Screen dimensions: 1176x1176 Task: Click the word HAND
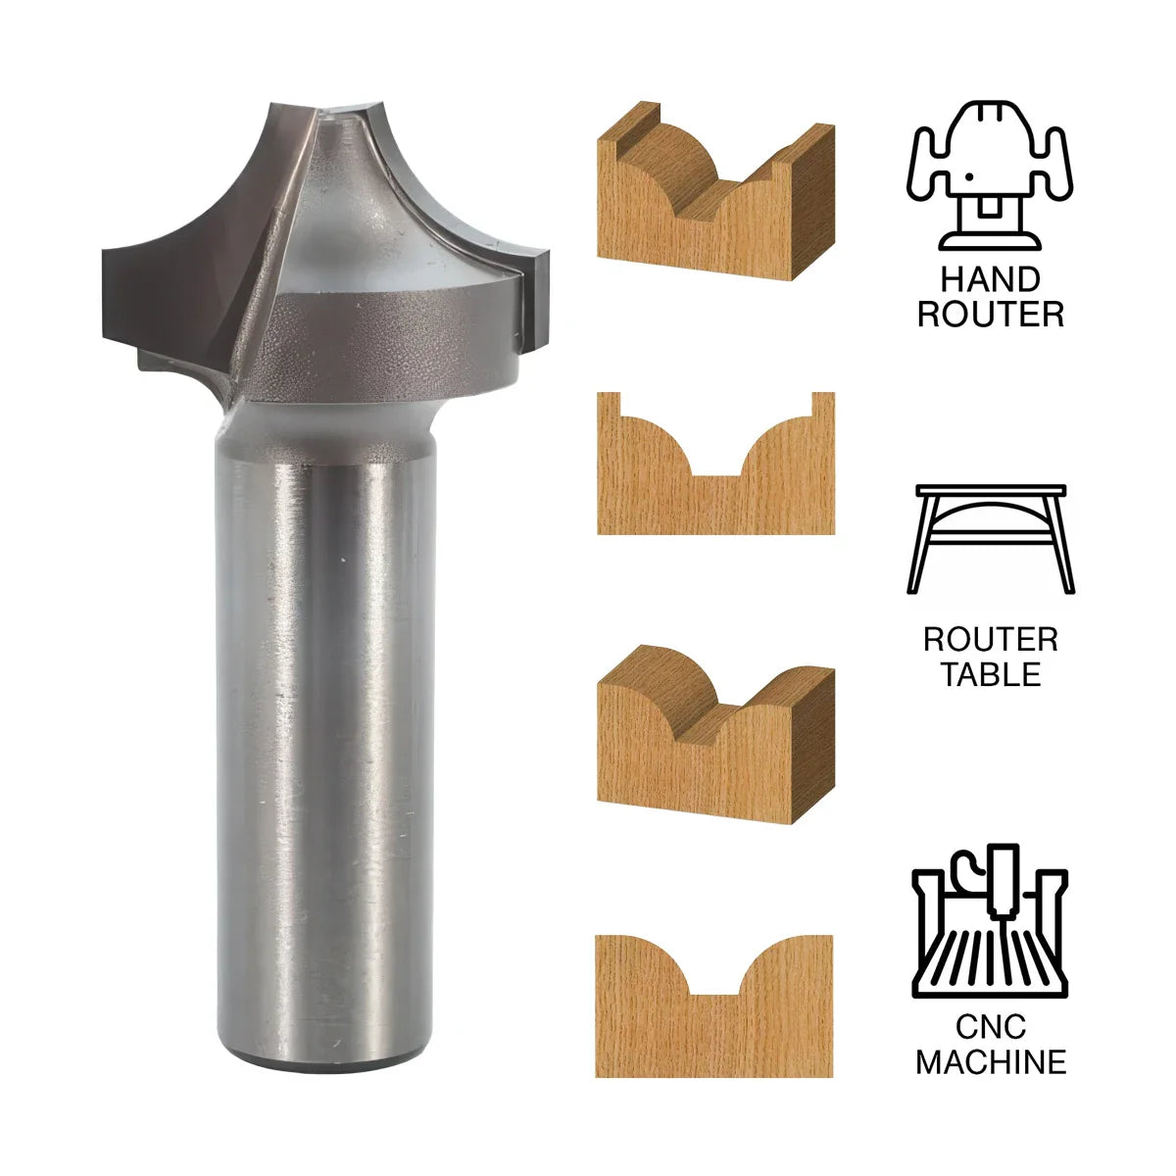pos(991,280)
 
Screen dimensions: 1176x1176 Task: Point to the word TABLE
pos(991,674)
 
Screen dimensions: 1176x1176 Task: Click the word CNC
pos(991,1027)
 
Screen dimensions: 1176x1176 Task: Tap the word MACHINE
pos(991,1061)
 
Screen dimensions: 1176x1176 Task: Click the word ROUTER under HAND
pos(991,315)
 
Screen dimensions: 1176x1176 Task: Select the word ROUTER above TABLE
pos(991,640)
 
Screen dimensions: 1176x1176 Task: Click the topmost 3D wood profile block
pos(714,196)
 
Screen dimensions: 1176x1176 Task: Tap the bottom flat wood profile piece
pos(714,1019)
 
